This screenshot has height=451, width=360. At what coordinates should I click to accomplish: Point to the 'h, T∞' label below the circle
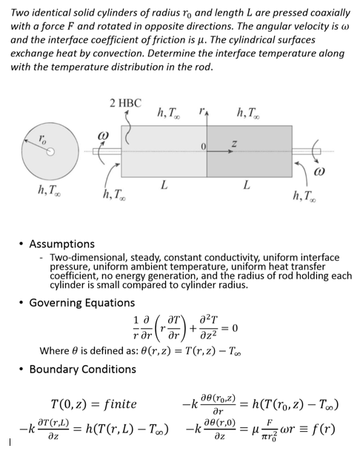(x=50, y=190)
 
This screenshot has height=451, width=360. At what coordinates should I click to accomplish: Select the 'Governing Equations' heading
(x=81, y=302)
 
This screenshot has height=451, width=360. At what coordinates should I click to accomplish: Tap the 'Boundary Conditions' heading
(x=82, y=369)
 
